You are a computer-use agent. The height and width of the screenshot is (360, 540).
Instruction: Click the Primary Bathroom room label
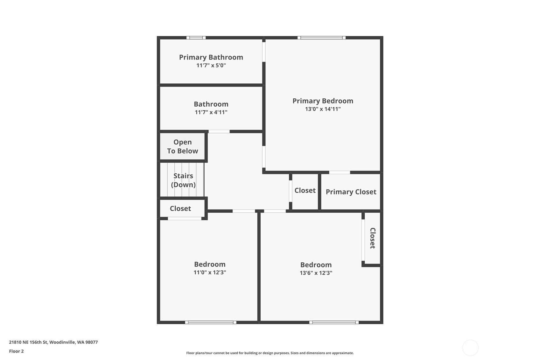click(x=211, y=57)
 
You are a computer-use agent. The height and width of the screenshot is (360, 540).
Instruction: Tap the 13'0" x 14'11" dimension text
click(x=323, y=109)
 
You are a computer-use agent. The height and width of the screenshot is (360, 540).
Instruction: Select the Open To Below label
click(x=182, y=146)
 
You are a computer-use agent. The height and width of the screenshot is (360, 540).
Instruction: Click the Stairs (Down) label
click(x=183, y=180)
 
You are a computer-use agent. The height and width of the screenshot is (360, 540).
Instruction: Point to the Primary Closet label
click(x=351, y=192)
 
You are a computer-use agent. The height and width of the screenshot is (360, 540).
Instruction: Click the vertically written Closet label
click(x=373, y=238)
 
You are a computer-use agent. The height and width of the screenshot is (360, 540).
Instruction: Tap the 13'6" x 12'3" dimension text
click(x=316, y=273)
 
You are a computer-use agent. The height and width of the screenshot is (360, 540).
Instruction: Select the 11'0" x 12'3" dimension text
click(x=210, y=272)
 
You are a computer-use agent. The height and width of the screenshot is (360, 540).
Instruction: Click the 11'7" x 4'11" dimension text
click(x=211, y=112)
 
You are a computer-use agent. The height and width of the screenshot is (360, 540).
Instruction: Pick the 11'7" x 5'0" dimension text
click(x=211, y=65)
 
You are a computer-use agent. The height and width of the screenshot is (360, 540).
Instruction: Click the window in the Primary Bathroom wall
click(x=196, y=38)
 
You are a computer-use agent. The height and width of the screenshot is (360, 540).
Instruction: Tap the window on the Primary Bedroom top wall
click(x=322, y=38)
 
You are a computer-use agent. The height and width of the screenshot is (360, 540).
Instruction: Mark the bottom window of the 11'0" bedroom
click(x=211, y=322)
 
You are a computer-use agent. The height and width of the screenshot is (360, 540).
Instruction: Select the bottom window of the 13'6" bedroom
click(x=334, y=322)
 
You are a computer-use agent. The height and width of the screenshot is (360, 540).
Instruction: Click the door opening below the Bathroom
click(x=219, y=132)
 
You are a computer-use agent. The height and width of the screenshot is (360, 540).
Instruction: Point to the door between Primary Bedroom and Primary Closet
click(x=340, y=173)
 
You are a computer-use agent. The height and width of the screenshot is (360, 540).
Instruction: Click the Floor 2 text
click(x=17, y=351)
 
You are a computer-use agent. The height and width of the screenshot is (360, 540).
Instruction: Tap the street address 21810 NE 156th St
click(x=28, y=342)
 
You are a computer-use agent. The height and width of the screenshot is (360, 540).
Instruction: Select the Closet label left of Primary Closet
click(x=305, y=190)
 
